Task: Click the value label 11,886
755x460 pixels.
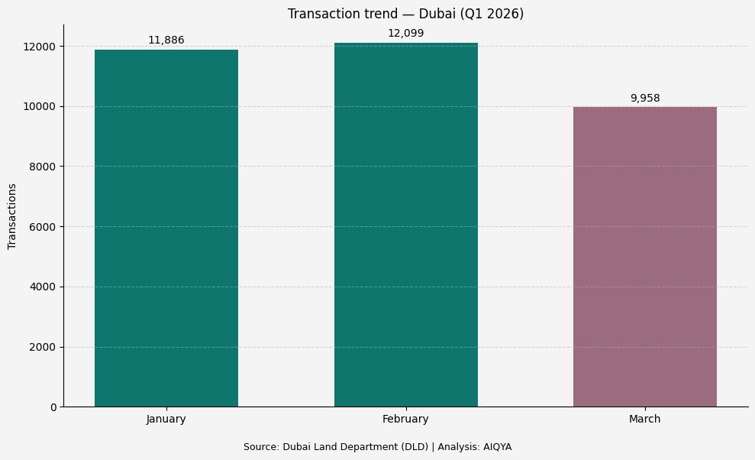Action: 166,40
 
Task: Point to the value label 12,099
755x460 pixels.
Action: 405,34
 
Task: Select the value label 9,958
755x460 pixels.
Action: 644,99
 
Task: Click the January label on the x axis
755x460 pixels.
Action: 166,420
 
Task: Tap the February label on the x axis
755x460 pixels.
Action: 405,420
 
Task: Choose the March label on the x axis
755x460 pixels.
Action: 644,420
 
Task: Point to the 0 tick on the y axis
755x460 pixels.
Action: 53,407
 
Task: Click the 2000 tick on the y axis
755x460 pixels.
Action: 44,347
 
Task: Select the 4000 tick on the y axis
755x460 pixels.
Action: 44,287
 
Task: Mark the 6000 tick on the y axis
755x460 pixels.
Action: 44,227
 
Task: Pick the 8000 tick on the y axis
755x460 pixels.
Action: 44,167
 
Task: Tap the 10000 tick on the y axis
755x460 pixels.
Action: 40,106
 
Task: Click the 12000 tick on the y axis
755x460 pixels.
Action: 40,47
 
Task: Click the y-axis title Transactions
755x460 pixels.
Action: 12,216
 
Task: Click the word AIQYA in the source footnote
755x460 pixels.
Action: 497,447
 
